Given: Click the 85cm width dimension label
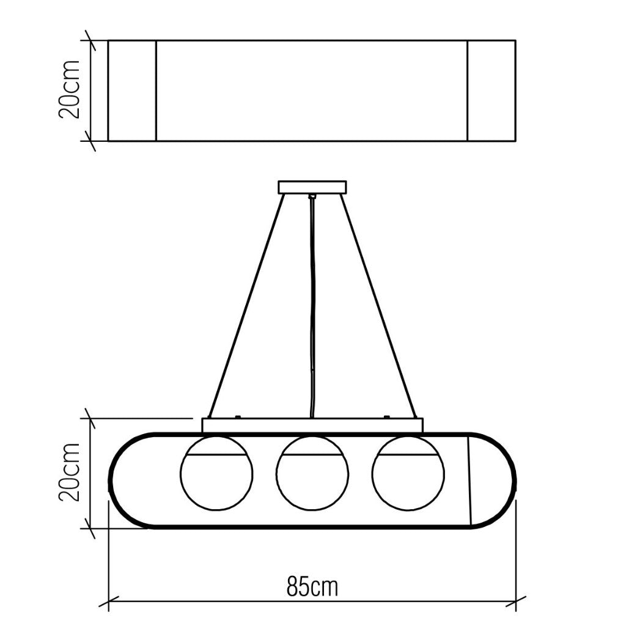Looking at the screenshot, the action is click(x=312, y=586).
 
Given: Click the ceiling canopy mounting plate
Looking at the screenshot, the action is click(x=312, y=187).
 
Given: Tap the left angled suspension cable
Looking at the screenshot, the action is click(x=246, y=306).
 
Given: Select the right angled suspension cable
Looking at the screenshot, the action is click(x=378, y=306).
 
